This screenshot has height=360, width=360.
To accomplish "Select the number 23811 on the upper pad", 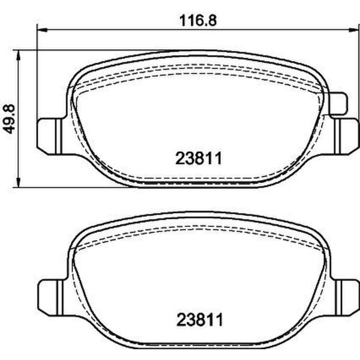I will [200, 158].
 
